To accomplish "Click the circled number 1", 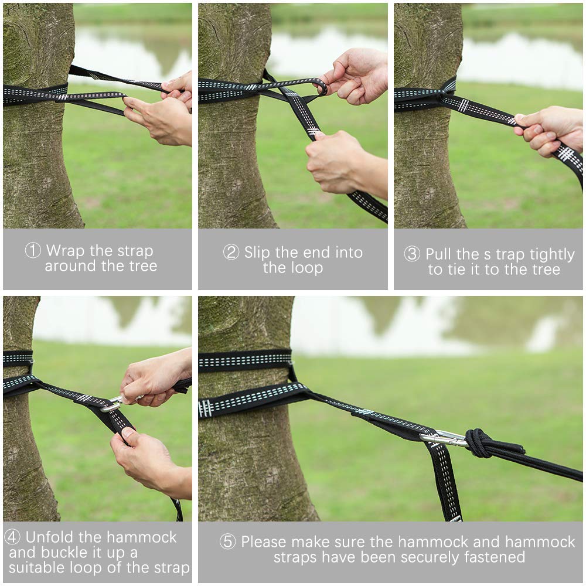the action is (x=32, y=250).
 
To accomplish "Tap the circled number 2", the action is (x=231, y=252).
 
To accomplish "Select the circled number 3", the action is (x=412, y=254).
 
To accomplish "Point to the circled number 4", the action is (x=12, y=537).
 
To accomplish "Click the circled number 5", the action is (x=227, y=541).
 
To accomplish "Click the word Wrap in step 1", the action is (x=66, y=251).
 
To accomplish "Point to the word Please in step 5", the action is (x=264, y=541).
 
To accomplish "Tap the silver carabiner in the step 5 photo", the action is (x=443, y=438).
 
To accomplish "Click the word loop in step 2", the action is (x=308, y=268).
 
